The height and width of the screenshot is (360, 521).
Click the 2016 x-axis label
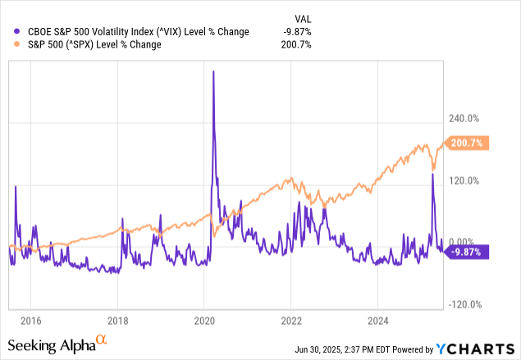pyautogui.click(x=30, y=320)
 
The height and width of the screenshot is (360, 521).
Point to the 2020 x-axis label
pyautogui.click(x=204, y=320)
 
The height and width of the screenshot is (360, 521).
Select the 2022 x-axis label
pyautogui.click(x=291, y=320)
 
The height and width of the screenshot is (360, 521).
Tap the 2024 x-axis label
pyautogui.click(x=378, y=320)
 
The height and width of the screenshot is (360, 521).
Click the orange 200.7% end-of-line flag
pyautogui.click(x=470, y=143)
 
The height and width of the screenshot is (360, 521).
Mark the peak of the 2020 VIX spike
pyautogui.click(x=213, y=71)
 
